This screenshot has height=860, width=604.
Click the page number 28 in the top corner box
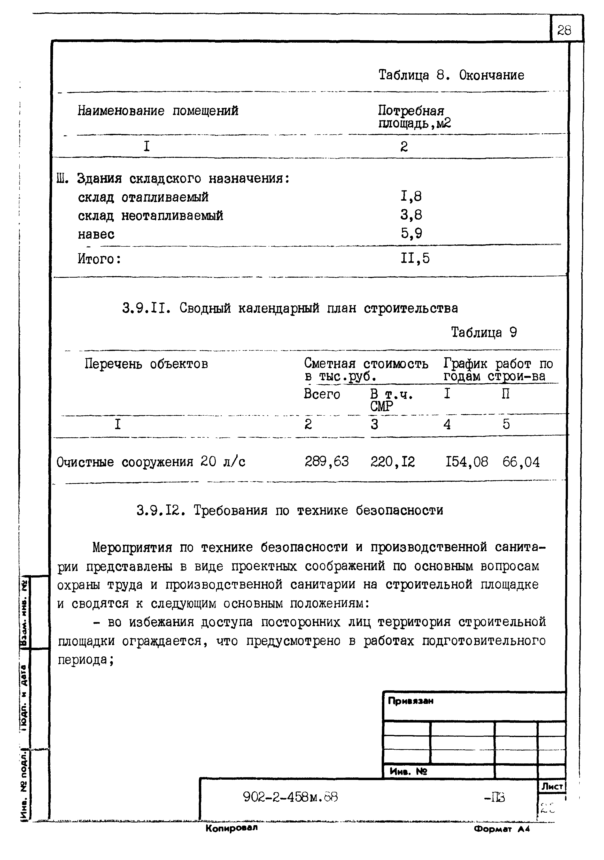564,30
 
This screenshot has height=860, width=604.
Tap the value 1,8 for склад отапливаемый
411,196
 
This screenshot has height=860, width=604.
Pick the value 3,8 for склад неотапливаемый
411,215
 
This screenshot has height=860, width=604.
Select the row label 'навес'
96,234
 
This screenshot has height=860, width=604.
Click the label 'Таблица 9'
484,332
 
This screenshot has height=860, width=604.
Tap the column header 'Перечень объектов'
146,364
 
